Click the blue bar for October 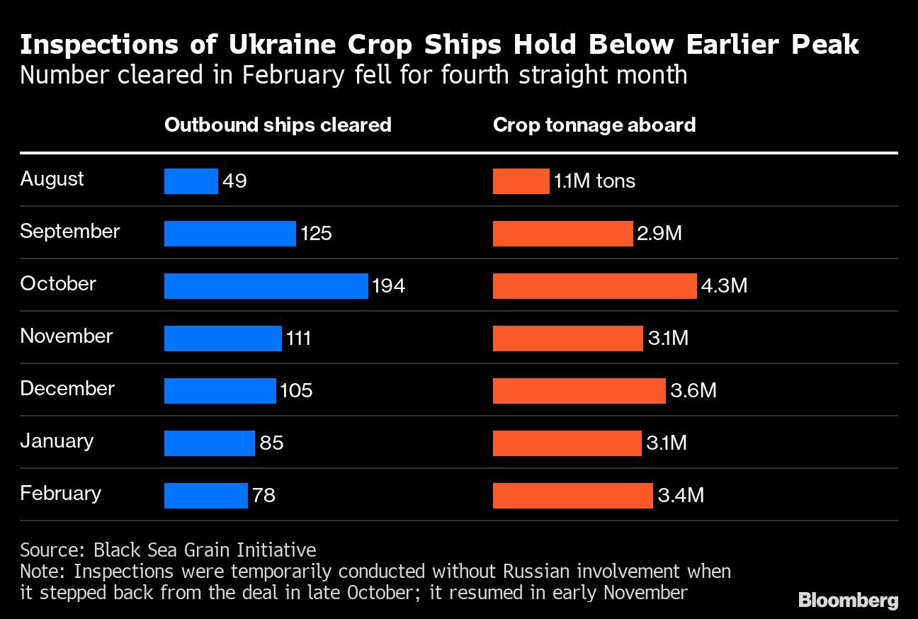pyautogui.click(x=266, y=286)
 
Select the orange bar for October pyautogui.click(x=594, y=286)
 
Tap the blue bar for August pyautogui.click(x=191, y=181)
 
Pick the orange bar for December pyautogui.click(x=579, y=391)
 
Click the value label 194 pyautogui.click(x=388, y=286)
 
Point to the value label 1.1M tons pyautogui.click(x=594, y=181)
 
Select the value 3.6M pyautogui.click(x=693, y=391)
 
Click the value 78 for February pyautogui.click(x=263, y=495)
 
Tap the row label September pyautogui.click(x=70, y=232)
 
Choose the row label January pyautogui.click(x=57, y=441)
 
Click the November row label pyautogui.click(x=67, y=336)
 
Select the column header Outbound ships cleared pyautogui.click(x=278, y=125)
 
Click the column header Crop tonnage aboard pyautogui.click(x=594, y=125)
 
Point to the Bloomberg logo pyautogui.click(x=848, y=601)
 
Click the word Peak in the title pyautogui.click(x=824, y=45)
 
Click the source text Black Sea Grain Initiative pyautogui.click(x=205, y=550)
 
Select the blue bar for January pyautogui.click(x=209, y=443)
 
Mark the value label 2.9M pyautogui.click(x=659, y=234)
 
